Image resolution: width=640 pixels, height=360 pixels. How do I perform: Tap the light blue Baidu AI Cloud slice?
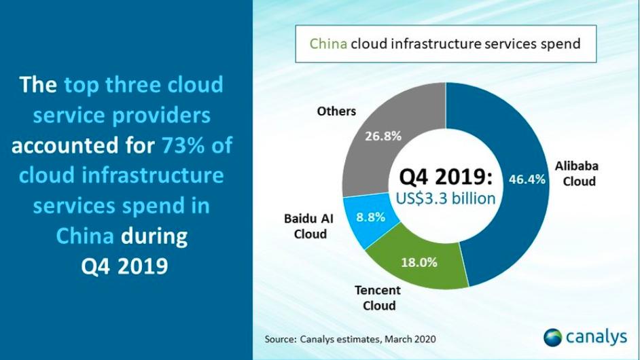click(x=368, y=218)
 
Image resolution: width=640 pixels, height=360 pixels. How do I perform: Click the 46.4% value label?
click(x=527, y=179)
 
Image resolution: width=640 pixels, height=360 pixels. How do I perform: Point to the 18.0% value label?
click(x=419, y=262)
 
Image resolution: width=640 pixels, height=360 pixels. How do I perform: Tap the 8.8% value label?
click(x=370, y=217)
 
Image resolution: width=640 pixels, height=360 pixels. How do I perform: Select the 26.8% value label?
click(x=383, y=136)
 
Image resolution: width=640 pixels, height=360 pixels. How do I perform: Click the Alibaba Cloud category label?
click(x=577, y=173)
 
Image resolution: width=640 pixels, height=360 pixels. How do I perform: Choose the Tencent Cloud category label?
click(x=378, y=298)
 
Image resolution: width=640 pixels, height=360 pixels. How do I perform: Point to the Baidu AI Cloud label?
click(x=309, y=226)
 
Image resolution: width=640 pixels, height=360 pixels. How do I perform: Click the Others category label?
click(x=336, y=111)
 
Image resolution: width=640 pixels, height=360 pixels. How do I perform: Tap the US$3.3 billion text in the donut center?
click(x=445, y=199)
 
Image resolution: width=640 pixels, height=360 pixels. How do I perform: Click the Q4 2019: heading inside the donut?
click(x=445, y=177)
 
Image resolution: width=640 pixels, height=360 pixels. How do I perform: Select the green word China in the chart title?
click(x=328, y=43)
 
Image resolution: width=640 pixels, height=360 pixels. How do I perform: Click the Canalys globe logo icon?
click(x=553, y=338)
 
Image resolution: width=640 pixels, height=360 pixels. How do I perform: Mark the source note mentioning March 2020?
click(x=350, y=339)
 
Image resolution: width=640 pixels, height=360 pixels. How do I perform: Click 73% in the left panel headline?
click(x=183, y=145)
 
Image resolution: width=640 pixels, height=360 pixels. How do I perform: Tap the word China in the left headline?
click(x=85, y=236)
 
